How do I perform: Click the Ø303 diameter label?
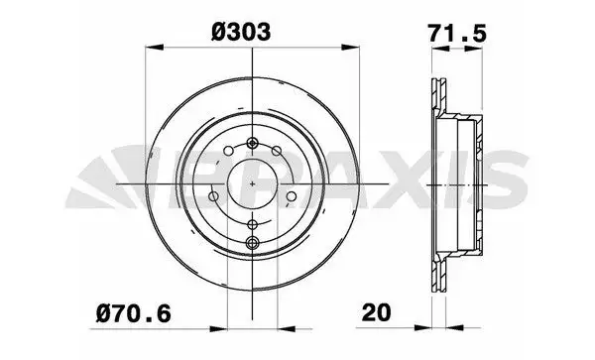click(x=241, y=32)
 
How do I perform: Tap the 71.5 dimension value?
click(x=457, y=33)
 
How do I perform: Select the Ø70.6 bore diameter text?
click(x=134, y=314)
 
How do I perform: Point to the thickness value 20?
click(x=376, y=312)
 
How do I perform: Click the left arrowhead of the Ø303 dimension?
click(x=155, y=48)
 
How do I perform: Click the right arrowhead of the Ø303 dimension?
click(x=350, y=48)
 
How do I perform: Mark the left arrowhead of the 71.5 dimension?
click(x=441, y=49)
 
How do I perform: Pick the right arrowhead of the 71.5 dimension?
click(x=474, y=49)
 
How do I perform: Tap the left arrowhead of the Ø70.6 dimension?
click(x=218, y=329)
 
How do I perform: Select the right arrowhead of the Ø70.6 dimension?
click(x=287, y=329)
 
